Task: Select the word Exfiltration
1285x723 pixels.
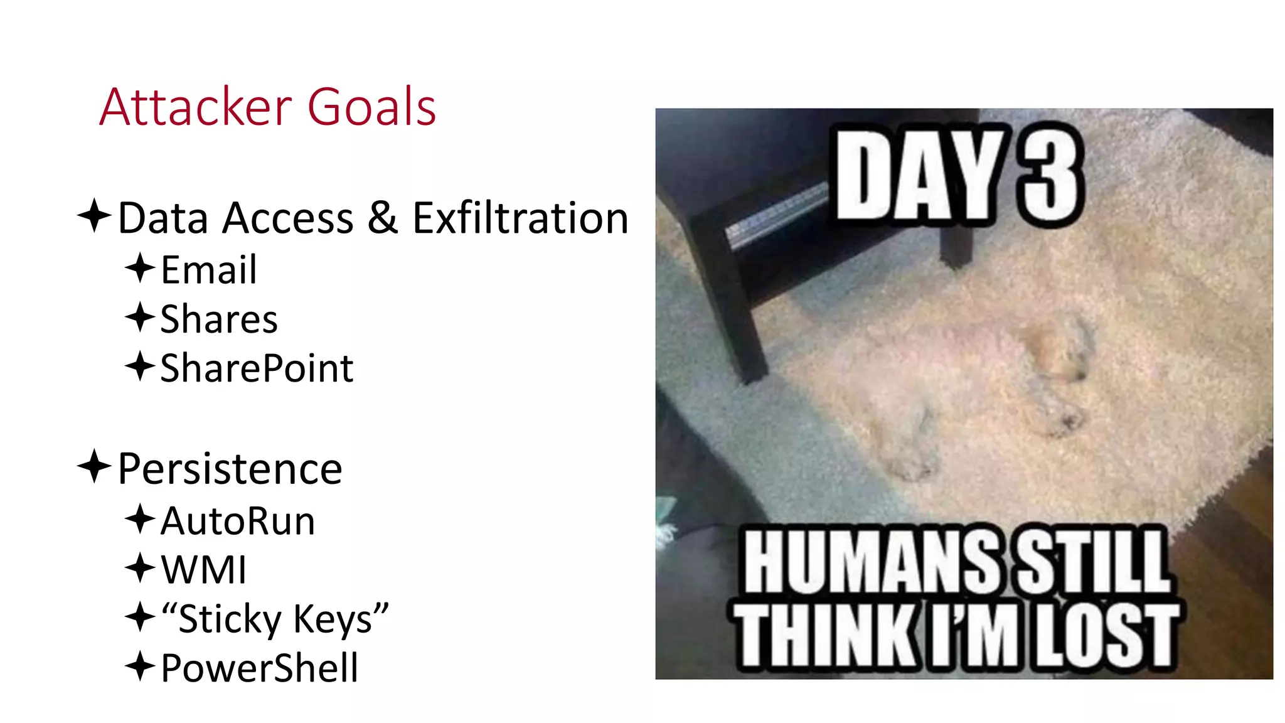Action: tap(520, 218)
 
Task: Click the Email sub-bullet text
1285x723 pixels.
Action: tap(209, 270)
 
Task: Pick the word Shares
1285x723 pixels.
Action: tap(219, 319)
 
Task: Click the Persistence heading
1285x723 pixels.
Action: tap(230, 469)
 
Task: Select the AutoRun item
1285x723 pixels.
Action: tap(238, 521)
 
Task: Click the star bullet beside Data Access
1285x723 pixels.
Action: tap(95, 215)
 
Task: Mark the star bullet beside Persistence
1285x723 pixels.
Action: tap(95, 466)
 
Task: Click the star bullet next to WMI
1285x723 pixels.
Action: tap(140, 568)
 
